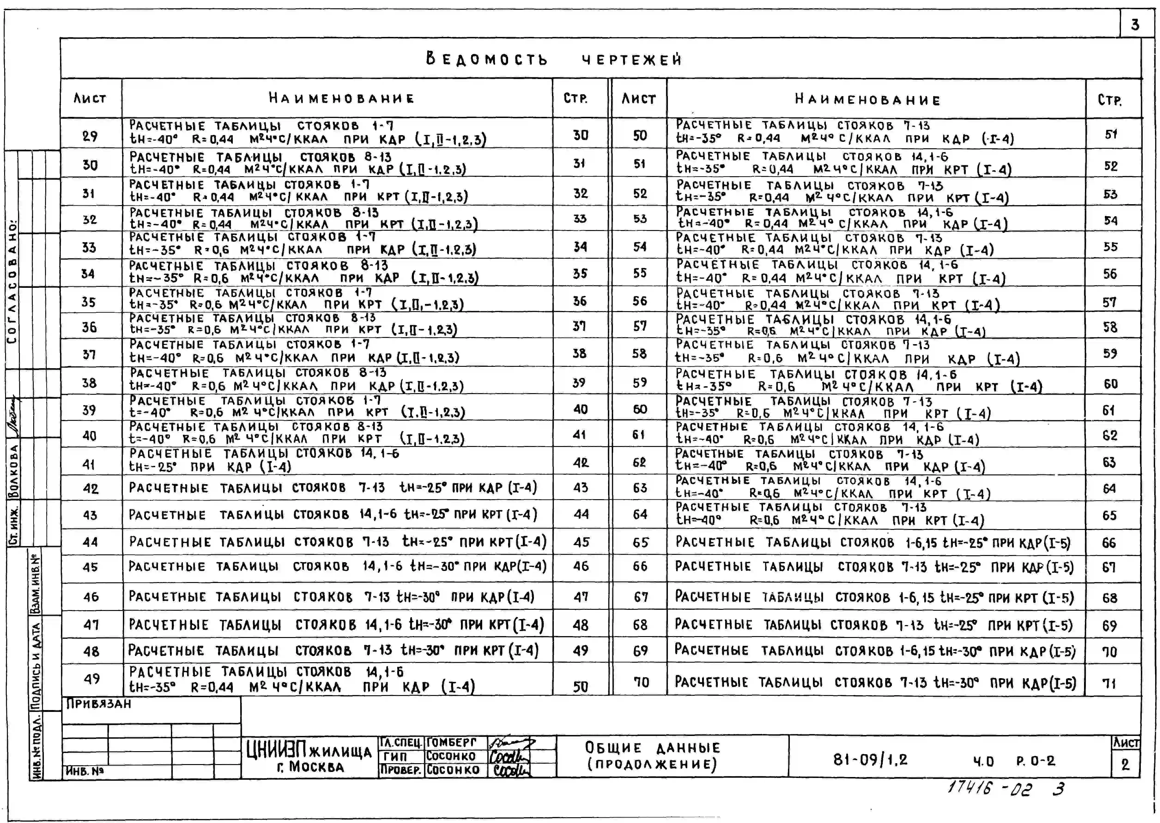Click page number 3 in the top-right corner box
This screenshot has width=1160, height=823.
[1135, 24]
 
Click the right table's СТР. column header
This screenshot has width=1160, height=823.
[1109, 100]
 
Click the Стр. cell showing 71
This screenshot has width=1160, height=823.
[1109, 683]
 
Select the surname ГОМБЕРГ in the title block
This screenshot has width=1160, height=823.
[451, 742]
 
